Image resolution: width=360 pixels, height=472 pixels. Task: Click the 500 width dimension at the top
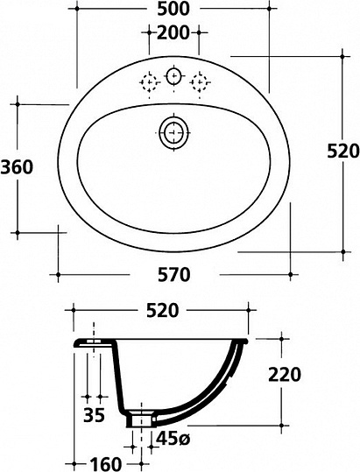click(x=173, y=9)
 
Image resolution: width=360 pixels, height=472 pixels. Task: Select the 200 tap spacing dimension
click(x=173, y=32)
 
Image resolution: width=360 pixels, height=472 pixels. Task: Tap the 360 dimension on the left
click(x=17, y=167)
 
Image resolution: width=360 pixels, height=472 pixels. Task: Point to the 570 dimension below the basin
click(x=174, y=275)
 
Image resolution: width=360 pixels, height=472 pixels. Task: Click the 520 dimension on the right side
click(x=343, y=151)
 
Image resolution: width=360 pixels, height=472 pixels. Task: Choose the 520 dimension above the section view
click(x=163, y=311)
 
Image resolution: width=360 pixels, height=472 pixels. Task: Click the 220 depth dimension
click(x=285, y=375)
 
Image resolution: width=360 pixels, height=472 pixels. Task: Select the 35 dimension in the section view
click(x=95, y=415)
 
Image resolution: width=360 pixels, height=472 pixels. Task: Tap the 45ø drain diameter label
click(x=173, y=440)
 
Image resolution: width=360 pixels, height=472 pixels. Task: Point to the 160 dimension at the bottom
click(x=105, y=463)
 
